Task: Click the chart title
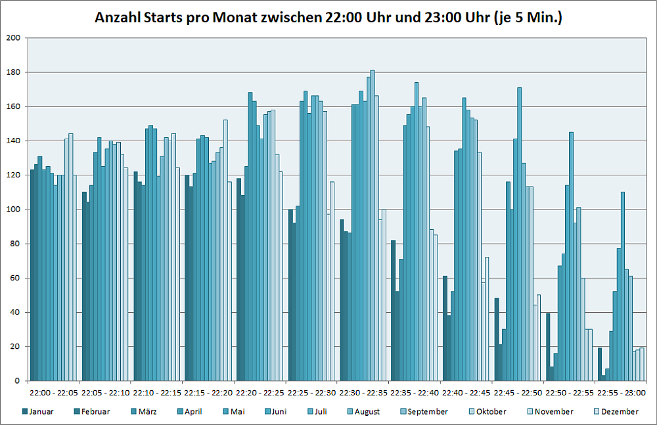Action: (328, 18)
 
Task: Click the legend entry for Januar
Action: (41, 412)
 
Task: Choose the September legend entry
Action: (427, 412)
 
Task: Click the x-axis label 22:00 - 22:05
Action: (54, 392)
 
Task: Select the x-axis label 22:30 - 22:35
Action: (364, 392)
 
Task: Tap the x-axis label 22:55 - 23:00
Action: (622, 392)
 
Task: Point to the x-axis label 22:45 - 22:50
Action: (519, 392)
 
